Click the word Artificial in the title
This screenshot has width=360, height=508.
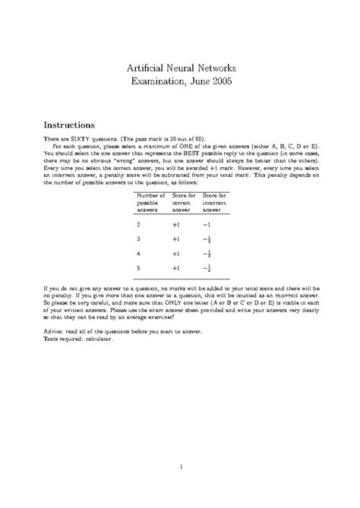tap(144, 67)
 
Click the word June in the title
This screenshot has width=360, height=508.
tap(193, 80)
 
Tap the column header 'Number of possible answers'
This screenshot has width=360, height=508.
tap(150, 204)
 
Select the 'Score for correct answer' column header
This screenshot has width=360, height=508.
tap(184, 204)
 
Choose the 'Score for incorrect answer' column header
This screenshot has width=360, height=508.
tap(217, 204)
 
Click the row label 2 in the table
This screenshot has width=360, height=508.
tap(138, 226)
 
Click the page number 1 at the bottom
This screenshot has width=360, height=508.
tap(180, 465)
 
